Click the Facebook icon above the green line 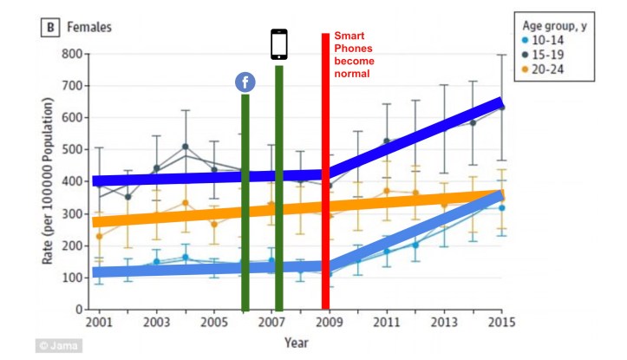pos(245,82)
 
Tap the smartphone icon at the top pos(279,44)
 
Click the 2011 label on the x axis pos(386,323)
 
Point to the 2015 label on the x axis pos(501,323)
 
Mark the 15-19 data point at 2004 pos(185,147)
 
